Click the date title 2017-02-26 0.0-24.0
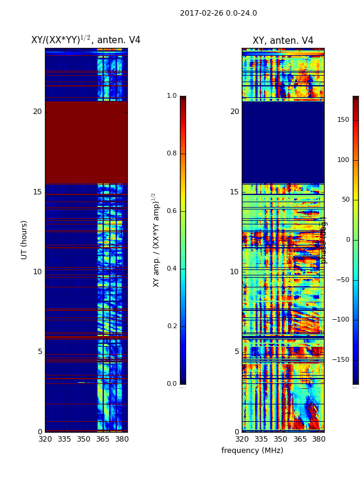coord(218,13)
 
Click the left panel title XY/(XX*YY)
coord(86,40)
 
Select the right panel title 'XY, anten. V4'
coord(283,41)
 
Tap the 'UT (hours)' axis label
coord(25,239)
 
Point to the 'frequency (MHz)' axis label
coord(252,451)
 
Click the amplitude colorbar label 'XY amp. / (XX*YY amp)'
coord(157,240)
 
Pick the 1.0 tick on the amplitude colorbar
coord(172,96)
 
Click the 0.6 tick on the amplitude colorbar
coord(172,211)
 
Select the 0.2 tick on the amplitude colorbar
coord(172,326)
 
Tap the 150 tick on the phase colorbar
coord(343,120)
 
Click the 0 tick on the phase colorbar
coord(347,240)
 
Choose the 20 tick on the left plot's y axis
coord(37,112)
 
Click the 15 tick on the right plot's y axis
coord(234,192)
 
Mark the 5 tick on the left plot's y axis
coord(40,352)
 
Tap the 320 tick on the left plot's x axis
coord(45,439)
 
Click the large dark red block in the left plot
coord(86,142)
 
